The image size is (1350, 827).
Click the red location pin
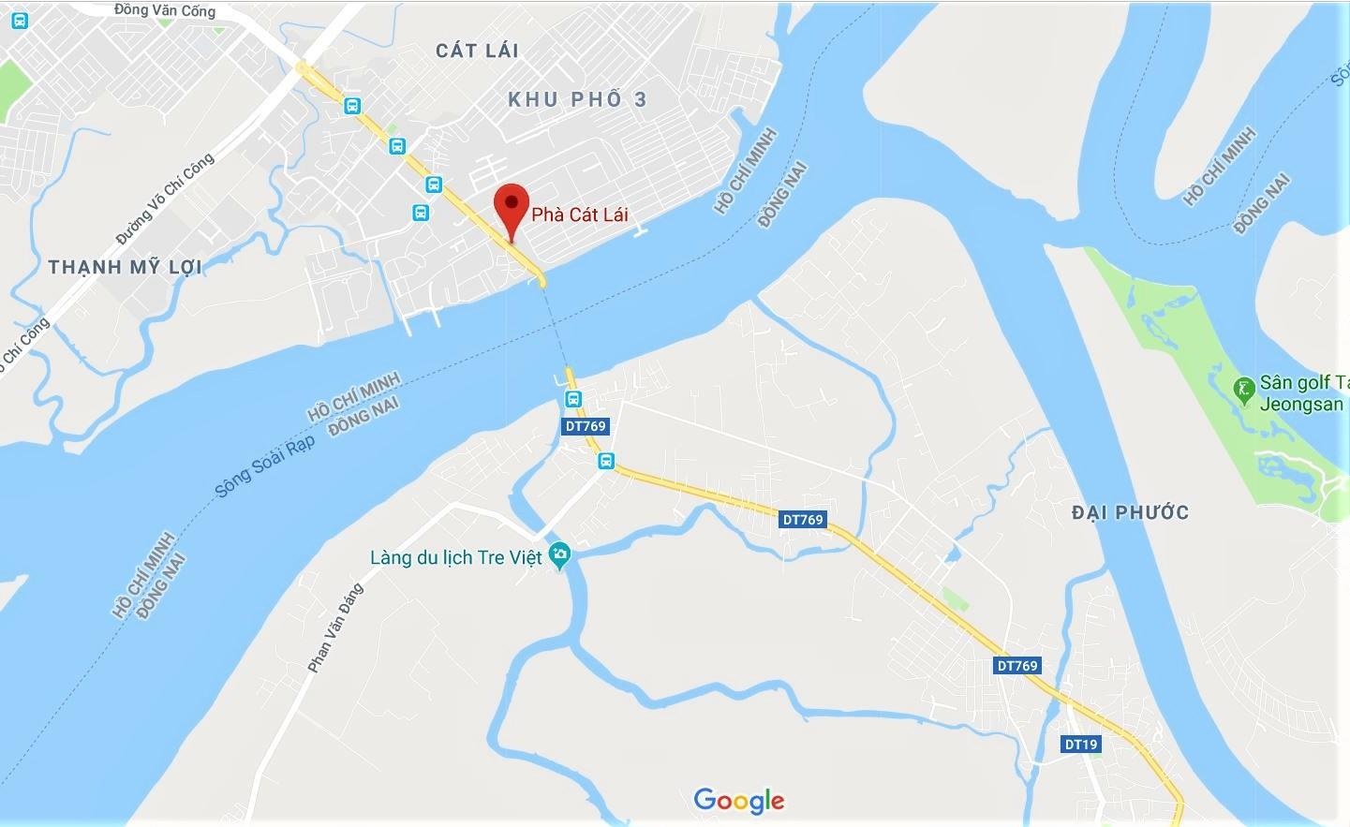[x=512, y=205]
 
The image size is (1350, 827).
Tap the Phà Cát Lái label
[x=579, y=214]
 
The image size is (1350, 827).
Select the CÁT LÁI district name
[x=477, y=51]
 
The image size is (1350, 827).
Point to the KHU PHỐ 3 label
[x=577, y=99]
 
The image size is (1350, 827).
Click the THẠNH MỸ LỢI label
[x=125, y=267]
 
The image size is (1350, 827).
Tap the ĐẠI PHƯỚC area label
[x=1130, y=512]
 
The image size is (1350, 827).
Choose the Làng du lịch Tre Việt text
[x=455, y=558]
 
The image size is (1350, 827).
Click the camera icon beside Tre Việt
[x=560, y=555]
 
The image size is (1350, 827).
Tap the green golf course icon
[x=1244, y=389]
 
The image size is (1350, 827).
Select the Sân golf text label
[x=1302, y=382]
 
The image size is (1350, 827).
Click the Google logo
[x=738, y=800]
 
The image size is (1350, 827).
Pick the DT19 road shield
[x=1080, y=745]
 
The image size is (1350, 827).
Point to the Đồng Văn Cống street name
[x=165, y=10]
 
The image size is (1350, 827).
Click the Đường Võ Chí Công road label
[x=166, y=199]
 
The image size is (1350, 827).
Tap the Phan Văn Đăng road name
[x=335, y=627]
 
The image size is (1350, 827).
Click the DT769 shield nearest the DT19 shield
[x=1017, y=666]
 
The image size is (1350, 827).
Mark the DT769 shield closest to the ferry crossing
[x=586, y=426]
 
